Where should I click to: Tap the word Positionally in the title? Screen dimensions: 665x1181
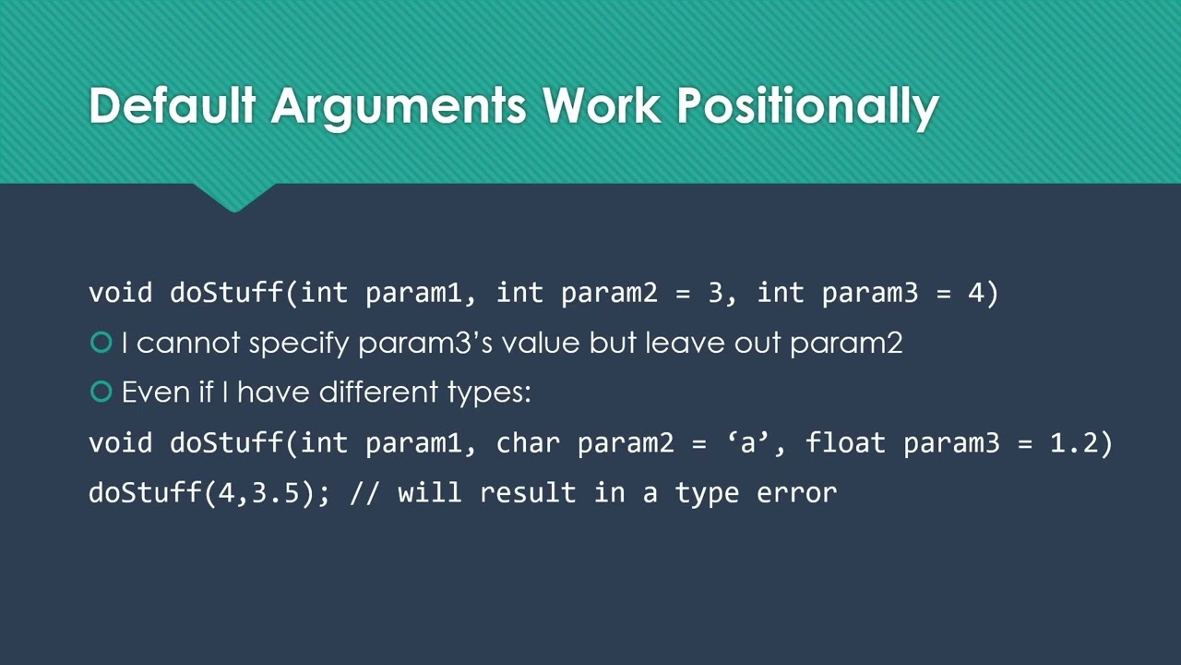pyautogui.click(x=808, y=107)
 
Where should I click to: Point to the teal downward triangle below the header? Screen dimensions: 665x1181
pyautogui.click(x=234, y=197)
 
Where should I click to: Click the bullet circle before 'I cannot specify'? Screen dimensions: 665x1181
pyautogui.click(x=101, y=343)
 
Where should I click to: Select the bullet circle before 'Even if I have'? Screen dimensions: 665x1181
pyautogui.click(x=101, y=393)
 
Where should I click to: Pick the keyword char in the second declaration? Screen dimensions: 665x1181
pyautogui.click(x=528, y=443)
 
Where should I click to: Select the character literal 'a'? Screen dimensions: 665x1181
pyautogui.click(x=747, y=443)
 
